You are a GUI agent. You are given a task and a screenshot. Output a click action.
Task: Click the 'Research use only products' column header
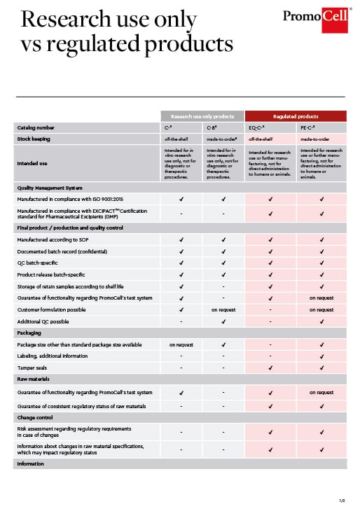point(202,116)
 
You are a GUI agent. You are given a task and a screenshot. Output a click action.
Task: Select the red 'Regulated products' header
point(295,116)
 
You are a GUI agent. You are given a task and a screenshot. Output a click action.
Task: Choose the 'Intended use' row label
point(32,164)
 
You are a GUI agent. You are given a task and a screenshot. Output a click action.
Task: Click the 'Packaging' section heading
point(29,333)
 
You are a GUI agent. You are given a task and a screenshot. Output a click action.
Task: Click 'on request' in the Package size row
point(181,344)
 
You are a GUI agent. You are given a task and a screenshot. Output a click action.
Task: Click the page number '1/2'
point(342,500)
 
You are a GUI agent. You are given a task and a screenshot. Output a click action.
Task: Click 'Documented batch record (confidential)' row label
point(67,251)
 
